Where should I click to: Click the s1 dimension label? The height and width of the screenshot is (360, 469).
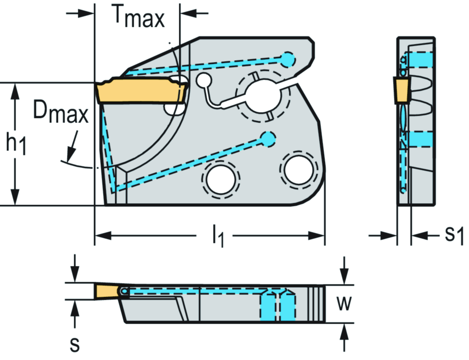453,235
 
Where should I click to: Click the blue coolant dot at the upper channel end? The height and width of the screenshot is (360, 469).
288,58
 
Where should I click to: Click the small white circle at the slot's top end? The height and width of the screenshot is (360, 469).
202,81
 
